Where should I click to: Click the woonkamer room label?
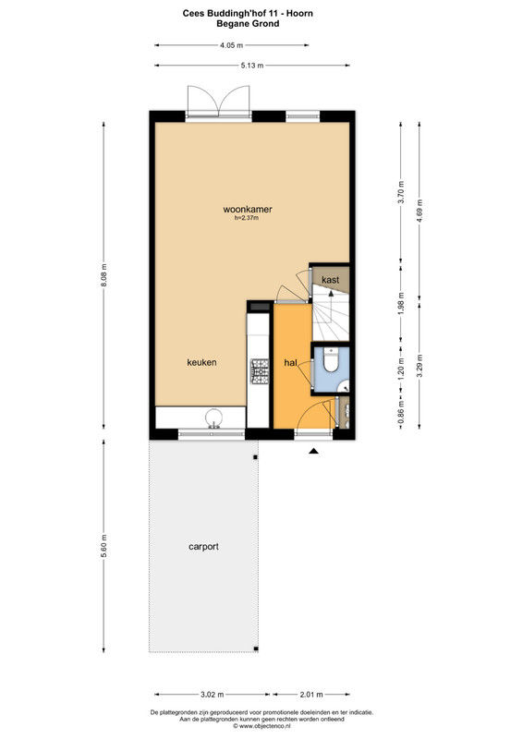point(248,210)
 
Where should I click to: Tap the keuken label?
point(201,362)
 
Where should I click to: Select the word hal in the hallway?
point(290,363)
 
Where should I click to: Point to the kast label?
point(330,280)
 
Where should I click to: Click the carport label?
point(203,547)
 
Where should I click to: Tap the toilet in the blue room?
point(331,360)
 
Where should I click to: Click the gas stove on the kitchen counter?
point(260,371)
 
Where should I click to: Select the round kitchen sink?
point(214,418)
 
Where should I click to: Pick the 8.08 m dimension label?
point(104,275)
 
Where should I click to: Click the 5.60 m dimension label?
point(104,546)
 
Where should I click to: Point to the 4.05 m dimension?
point(231,45)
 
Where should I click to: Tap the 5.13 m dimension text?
point(252,66)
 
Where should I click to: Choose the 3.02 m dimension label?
point(213,695)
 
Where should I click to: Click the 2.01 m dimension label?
point(311,695)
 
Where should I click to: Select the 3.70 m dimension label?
point(401,192)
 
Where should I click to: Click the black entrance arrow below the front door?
point(313,451)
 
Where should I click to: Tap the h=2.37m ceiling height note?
point(247,218)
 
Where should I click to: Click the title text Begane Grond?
point(248,24)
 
